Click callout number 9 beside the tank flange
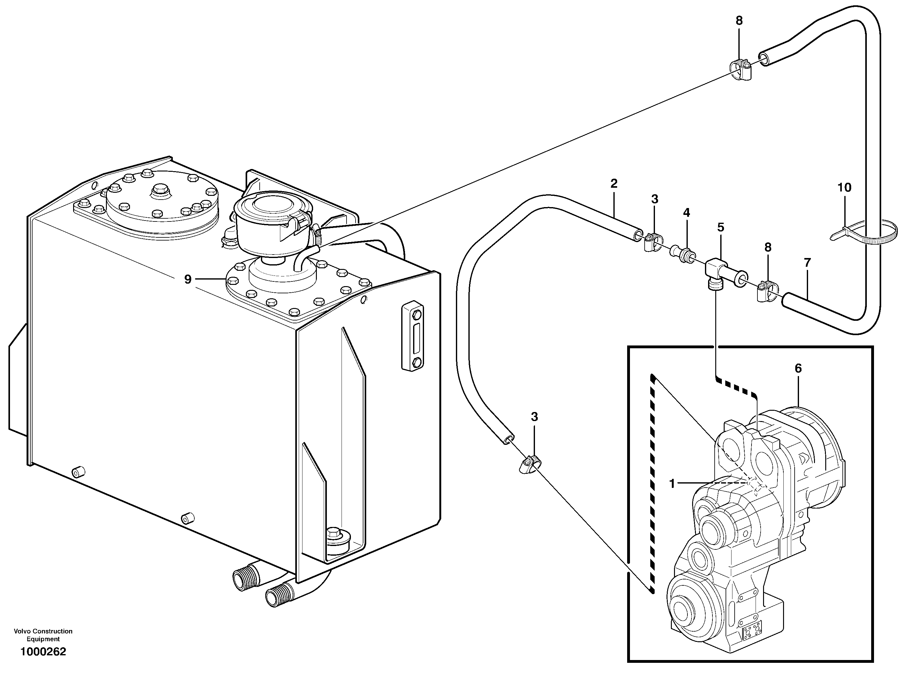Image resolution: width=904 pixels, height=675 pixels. (187, 280)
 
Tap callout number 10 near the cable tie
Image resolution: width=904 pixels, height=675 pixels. (844, 187)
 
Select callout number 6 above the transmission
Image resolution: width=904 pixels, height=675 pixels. (798, 369)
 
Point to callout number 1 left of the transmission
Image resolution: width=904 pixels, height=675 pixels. (672, 484)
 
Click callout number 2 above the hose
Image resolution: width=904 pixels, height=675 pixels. (614, 183)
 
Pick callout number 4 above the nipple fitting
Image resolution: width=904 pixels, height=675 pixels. (687, 212)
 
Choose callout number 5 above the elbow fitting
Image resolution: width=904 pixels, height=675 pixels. (721, 227)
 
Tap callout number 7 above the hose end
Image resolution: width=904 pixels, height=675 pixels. (807, 263)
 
